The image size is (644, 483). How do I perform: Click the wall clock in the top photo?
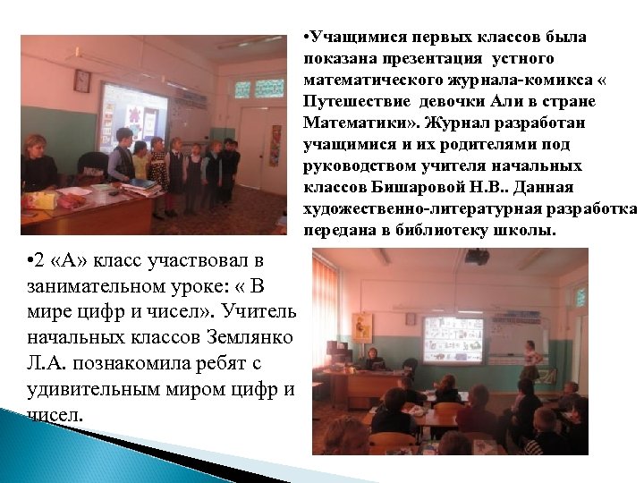coord(82,80)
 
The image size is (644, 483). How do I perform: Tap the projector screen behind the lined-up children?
coord(133,116)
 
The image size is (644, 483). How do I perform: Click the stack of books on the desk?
coord(141,189)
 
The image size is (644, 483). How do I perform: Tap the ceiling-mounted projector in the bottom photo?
coord(477,257)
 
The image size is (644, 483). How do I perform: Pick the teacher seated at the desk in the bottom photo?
coord(371,357)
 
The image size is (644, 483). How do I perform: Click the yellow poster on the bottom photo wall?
coord(361,326)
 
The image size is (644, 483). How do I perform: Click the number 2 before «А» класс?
coord(33,260)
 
